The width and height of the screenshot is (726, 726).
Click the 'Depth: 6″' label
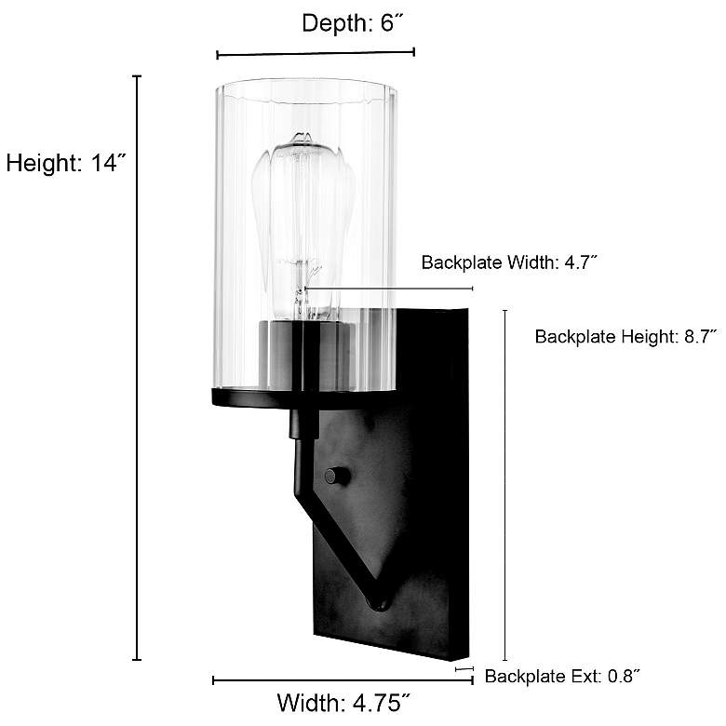[x=353, y=22]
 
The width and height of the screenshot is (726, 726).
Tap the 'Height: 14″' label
[x=66, y=163]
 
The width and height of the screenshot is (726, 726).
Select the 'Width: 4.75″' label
[x=344, y=703]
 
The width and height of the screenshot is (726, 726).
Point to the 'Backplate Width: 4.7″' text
[x=509, y=262]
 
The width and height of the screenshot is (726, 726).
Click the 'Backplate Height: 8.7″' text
[x=626, y=336]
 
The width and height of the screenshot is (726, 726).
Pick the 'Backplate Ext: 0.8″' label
[x=562, y=676]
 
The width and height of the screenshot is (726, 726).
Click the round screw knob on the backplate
[x=337, y=476]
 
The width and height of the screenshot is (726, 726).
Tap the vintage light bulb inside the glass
[x=303, y=227]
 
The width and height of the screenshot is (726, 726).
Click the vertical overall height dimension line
[x=137, y=368]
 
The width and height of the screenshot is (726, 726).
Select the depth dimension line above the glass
[x=316, y=54]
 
